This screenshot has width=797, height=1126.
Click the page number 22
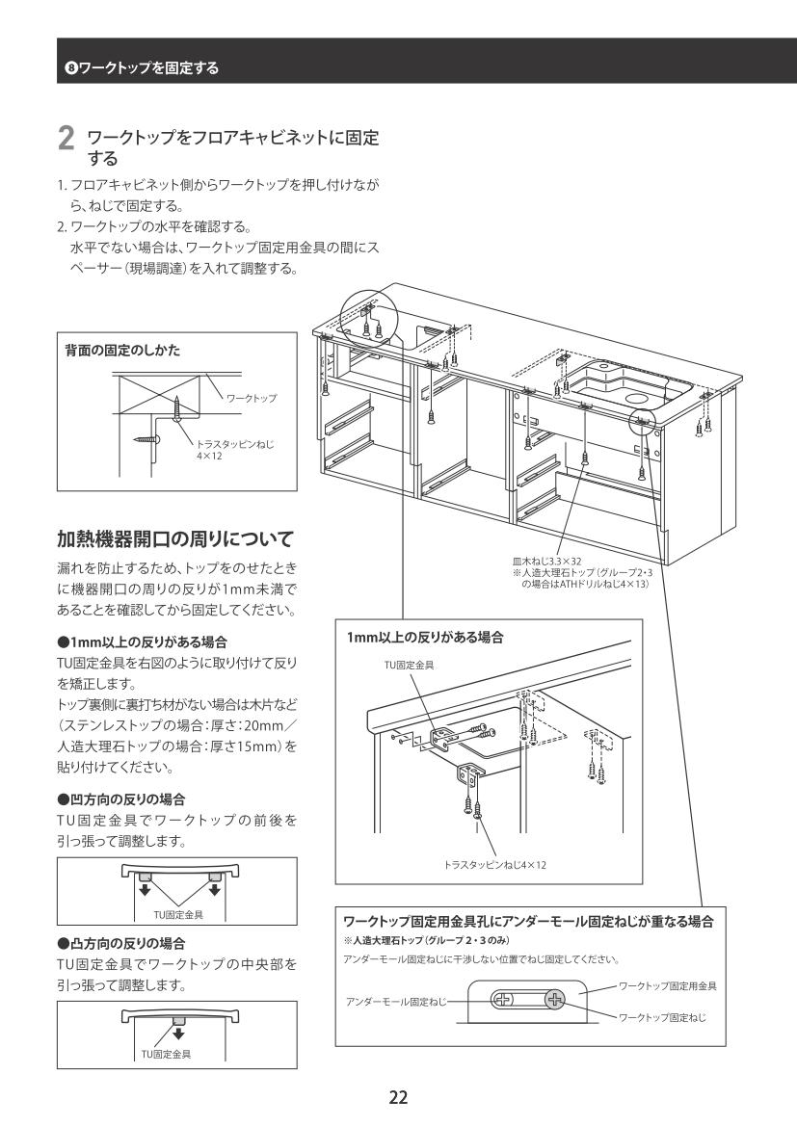(398, 1096)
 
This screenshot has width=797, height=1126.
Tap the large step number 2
(66, 139)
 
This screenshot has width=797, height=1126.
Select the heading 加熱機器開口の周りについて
(175, 537)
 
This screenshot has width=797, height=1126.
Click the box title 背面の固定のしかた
(122, 351)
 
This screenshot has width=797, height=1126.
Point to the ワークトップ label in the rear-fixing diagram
(252, 398)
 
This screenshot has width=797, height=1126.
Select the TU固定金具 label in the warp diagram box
(409, 665)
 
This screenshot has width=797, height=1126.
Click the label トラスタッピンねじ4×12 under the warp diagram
(495, 865)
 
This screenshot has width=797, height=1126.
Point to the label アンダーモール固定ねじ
(396, 1001)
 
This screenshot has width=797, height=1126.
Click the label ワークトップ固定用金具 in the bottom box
(668, 986)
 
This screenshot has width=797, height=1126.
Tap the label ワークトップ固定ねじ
(662, 1017)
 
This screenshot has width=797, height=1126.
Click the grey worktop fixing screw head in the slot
(555, 999)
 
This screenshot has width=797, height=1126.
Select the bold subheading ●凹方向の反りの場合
(120, 799)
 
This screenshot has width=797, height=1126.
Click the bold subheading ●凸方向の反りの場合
(120, 943)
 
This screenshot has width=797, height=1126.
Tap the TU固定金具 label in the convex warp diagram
(166, 1054)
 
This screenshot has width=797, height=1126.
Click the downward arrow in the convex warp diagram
(178, 1034)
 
